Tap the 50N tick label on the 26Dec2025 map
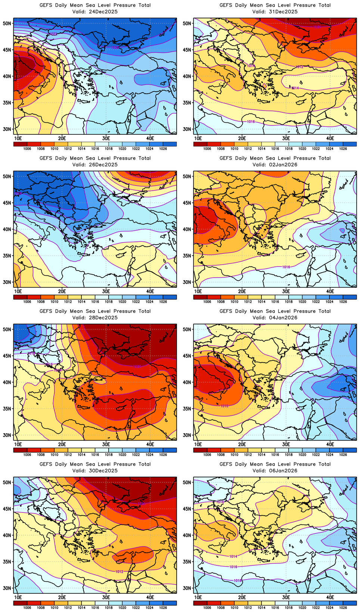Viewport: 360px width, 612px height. pyautogui.click(x=7, y=177)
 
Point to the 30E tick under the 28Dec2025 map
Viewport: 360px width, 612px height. pyautogui.click(x=106, y=444)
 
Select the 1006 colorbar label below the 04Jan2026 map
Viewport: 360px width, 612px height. pyautogui.click(x=207, y=455)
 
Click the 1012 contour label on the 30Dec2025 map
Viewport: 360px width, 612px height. pyautogui.click(x=119, y=572)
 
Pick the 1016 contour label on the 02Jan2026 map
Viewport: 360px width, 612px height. pyautogui.click(x=286, y=267)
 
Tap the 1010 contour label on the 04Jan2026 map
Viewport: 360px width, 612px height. pyautogui.click(x=224, y=406)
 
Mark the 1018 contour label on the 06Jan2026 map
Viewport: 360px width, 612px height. pyautogui.click(x=238, y=581)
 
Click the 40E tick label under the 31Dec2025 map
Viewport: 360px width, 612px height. pyautogui.click(x=330, y=138)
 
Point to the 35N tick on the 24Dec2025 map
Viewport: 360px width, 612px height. pyautogui.click(x=7, y=103)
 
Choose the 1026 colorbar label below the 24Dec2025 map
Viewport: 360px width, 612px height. pyautogui.click(x=163, y=149)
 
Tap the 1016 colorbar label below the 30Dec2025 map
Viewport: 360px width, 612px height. pyautogui.click(x=95, y=608)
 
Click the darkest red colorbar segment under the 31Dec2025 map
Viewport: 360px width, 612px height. pyautogui.click(x=200, y=144)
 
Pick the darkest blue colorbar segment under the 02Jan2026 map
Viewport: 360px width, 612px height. pyautogui.click(x=350, y=297)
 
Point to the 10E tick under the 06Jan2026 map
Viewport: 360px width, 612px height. pyautogui.click(x=198, y=597)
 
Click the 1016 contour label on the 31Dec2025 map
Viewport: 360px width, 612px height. pyautogui.click(x=251, y=122)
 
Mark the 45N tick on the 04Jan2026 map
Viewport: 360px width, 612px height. pyautogui.click(x=187, y=356)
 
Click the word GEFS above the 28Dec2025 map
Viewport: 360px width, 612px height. pyautogui.click(x=46, y=311)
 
